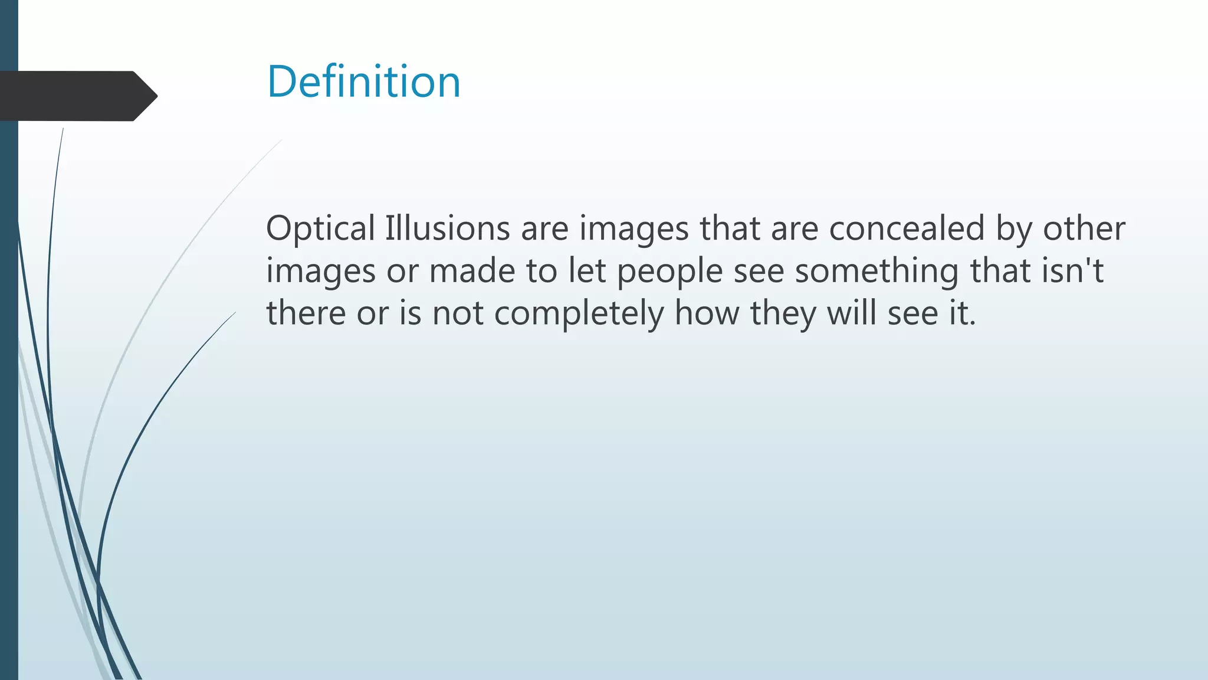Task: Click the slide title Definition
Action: point(363,81)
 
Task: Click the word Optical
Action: point(320,228)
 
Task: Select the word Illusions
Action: point(447,228)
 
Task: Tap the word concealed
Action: point(907,228)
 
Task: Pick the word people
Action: point(669,272)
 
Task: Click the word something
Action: point(876,272)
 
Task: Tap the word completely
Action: point(579,313)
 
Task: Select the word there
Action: point(306,313)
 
